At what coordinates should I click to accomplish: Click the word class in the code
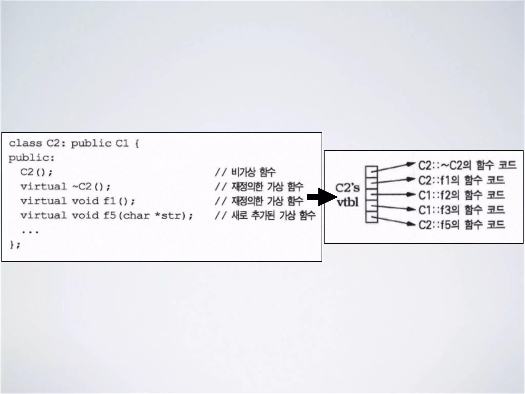pos(25,143)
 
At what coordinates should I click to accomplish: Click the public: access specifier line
pos(32,158)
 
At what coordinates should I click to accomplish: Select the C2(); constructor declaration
pos(36,172)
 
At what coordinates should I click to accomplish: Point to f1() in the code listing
pos(119,201)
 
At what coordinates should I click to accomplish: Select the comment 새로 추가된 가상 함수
pos(265,215)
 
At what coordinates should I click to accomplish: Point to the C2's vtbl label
pos(348,195)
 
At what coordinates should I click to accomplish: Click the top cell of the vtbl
pos(371,170)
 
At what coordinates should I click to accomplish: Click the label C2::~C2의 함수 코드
pos(467,165)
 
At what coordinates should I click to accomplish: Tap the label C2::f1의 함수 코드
pos(461,180)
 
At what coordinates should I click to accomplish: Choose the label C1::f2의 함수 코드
pos(461,195)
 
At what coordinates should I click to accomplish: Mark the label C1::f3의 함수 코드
pos(461,210)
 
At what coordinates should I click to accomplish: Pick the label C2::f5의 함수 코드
pos(461,225)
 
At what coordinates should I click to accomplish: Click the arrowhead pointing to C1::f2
pos(411,194)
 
